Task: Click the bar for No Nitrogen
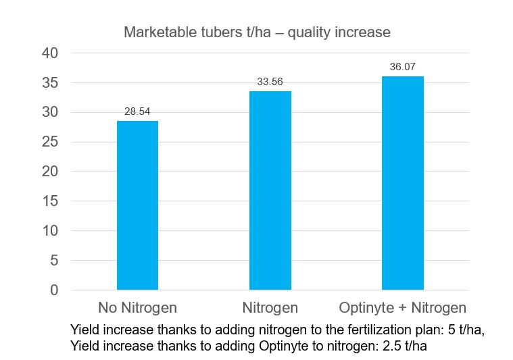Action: pos(137,205)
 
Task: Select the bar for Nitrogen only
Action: pos(270,190)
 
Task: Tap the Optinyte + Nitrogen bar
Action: pos(402,183)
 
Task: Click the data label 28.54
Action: pos(137,111)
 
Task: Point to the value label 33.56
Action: pos(270,82)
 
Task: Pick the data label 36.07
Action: pos(402,67)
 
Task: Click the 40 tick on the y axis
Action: pos(51,53)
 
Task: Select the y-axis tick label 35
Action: pos(51,82)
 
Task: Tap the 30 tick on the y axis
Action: pos(51,112)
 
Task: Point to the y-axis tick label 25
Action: pos(51,142)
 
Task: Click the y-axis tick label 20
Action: pos(51,172)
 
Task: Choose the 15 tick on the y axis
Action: pos(51,201)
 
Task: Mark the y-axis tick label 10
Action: pos(51,231)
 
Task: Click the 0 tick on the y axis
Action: pos(55,290)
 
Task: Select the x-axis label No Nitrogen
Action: pos(137,308)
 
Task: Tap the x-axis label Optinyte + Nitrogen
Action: pos(402,308)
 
